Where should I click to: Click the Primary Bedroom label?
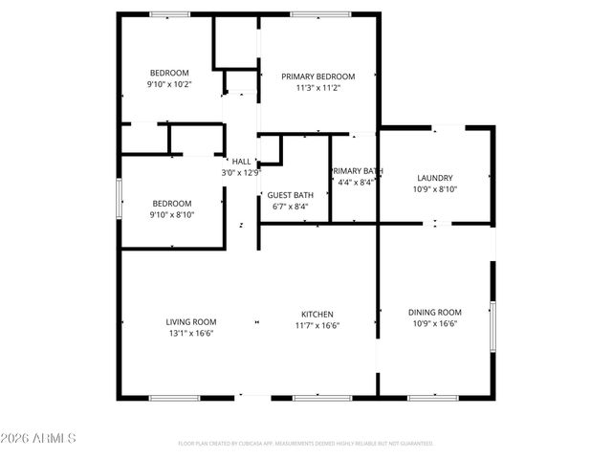tap(317, 76)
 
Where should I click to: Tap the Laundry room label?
tap(435, 178)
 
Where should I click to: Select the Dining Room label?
tap(435, 313)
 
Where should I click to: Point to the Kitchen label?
tap(317, 314)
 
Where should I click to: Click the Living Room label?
tap(191, 322)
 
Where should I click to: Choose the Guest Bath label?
tap(290, 195)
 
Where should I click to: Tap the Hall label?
tap(241, 162)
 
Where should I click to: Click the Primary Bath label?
tap(357, 171)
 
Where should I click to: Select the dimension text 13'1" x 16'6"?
tap(191, 334)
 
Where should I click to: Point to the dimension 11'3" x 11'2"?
tap(317, 88)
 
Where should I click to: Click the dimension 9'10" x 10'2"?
tap(169, 84)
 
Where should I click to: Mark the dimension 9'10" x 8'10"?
tap(172, 215)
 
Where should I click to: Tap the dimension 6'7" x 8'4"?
tap(290, 207)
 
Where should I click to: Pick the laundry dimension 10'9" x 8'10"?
tap(435, 189)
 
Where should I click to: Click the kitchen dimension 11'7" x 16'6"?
tap(317, 325)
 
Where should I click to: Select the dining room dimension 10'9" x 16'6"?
tap(435, 324)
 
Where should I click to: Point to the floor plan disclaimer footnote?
tap(306, 444)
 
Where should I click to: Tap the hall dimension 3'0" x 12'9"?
tap(241, 173)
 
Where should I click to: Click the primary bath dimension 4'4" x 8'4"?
tap(357, 183)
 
